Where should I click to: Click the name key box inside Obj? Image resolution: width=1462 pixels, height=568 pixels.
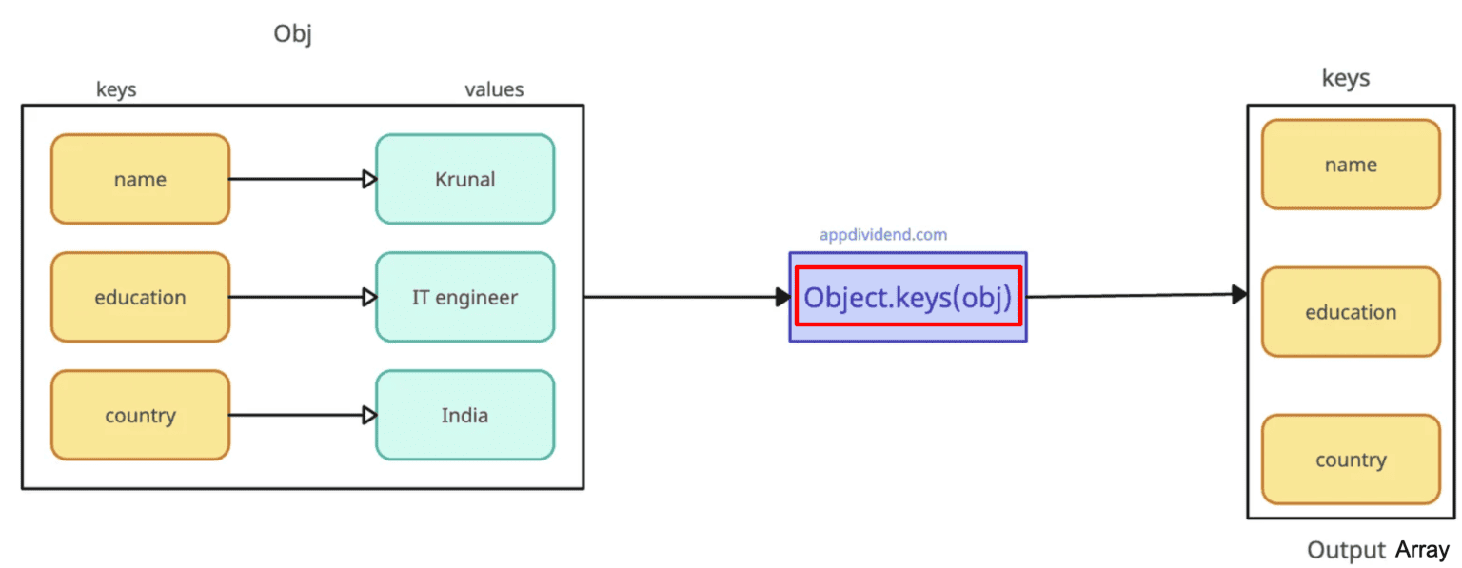coord(140,179)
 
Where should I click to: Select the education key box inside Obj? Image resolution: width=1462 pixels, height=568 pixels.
coord(140,297)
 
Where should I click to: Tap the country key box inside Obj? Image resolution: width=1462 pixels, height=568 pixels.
coord(140,416)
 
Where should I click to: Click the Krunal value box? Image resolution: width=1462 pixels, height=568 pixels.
coord(464,179)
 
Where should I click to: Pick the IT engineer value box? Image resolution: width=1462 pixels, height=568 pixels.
coord(464,297)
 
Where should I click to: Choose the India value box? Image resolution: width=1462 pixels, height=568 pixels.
coord(464,416)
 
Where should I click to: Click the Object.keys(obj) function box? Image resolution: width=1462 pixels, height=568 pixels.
coord(907,297)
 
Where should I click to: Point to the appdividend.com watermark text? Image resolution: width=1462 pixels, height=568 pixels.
coord(883,235)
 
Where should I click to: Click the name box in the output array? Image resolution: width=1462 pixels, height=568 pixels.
coord(1350,165)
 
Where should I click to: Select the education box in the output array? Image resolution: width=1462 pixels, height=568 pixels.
coord(1350,312)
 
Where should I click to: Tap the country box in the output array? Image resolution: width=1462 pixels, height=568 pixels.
coord(1350,460)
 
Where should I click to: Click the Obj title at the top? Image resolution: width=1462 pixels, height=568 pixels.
coord(292,34)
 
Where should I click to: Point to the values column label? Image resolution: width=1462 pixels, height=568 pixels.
coord(494,89)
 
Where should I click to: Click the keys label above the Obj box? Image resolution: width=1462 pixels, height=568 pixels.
coord(116,89)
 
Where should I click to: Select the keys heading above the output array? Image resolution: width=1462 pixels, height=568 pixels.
coord(1345,78)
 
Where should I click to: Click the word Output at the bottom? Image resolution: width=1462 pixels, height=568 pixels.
coord(1345,550)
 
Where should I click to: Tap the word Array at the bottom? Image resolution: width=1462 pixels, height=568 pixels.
coord(1422,550)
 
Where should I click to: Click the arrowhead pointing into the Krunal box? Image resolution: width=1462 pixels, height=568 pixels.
coord(369,179)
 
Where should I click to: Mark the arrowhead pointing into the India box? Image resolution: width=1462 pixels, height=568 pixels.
coord(369,416)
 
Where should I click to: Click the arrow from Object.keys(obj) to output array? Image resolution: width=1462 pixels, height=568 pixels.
coord(1133,296)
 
